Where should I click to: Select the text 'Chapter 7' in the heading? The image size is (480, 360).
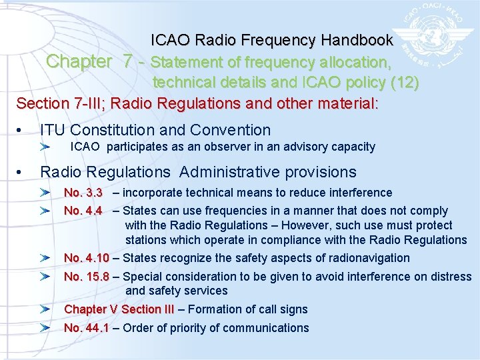pos(89,62)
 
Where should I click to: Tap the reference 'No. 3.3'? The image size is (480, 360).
pos(83,193)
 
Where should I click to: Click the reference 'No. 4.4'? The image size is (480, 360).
pos(83,211)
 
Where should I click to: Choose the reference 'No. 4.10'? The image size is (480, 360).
pos(86,258)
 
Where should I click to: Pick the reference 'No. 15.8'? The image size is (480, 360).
pos(86,276)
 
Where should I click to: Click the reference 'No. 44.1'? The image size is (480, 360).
pos(86,327)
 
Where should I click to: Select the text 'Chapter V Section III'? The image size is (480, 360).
pos(118,309)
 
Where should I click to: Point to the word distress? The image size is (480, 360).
pos(450,276)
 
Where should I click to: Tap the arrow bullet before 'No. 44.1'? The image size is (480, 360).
pos(45,327)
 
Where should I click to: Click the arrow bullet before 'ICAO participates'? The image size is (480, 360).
pos(45,147)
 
